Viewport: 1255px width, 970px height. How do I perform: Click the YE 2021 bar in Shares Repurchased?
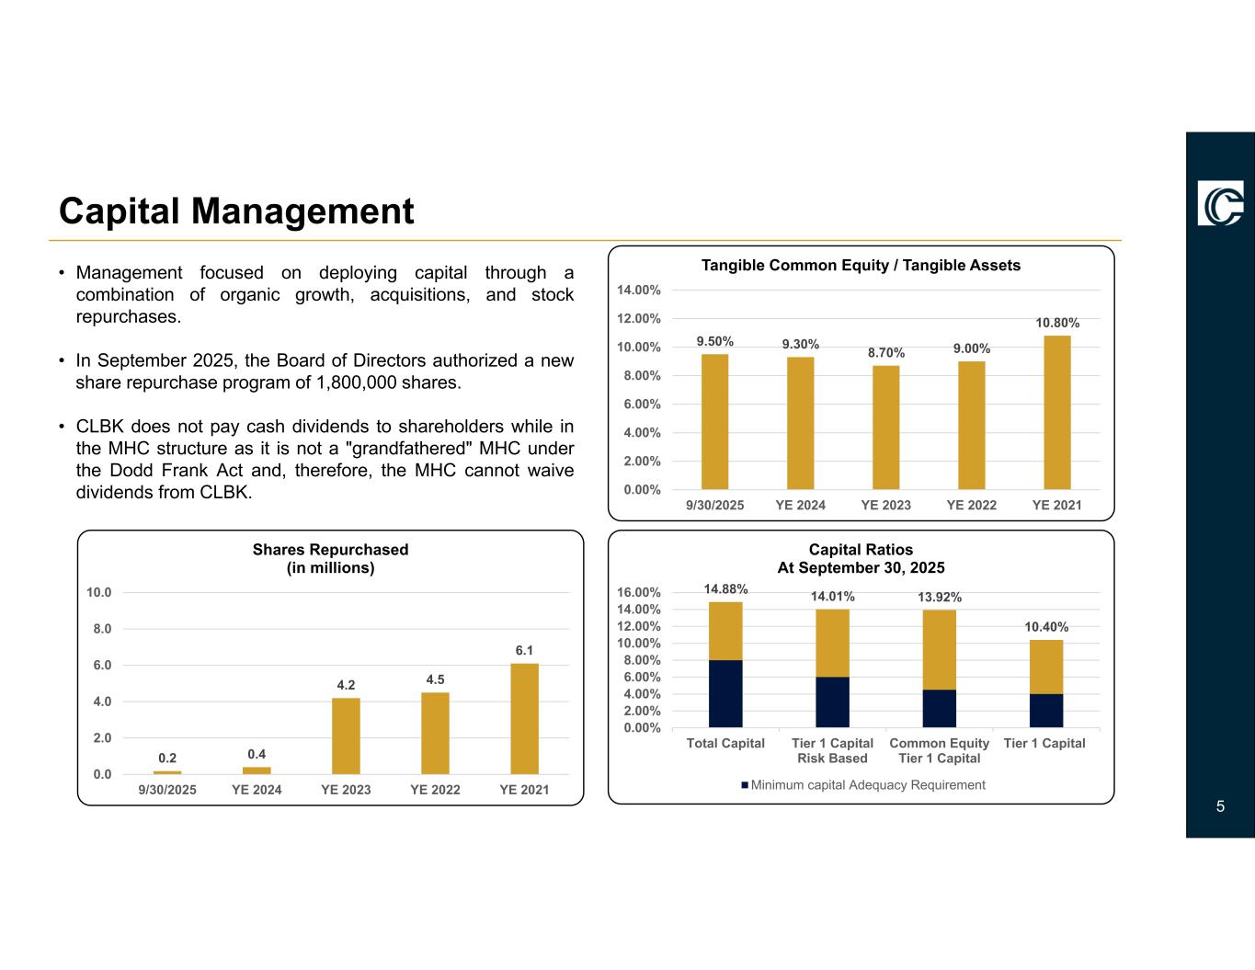tap(524, 718)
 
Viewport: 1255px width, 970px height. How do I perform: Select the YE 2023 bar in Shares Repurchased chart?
tap(346, 736)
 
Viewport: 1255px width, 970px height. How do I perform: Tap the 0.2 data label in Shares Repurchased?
tap(167, 759)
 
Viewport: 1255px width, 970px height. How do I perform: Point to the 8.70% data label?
tap(886, 353)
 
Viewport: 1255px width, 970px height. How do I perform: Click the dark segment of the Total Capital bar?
tap(725, 693)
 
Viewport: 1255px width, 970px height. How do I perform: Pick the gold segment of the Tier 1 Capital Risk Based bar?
tap(832, 643)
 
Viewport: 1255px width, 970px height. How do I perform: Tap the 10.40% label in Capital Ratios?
tap(1046, 627)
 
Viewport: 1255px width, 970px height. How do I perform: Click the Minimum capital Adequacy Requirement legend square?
tap(745, 785)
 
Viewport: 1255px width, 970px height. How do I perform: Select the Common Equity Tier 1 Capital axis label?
tap(939, 750)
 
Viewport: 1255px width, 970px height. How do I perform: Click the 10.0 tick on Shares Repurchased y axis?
tap(99, 592)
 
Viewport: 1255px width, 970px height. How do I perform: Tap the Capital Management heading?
tap(236, 211)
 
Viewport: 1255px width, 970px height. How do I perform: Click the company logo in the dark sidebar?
tap(1220, 203)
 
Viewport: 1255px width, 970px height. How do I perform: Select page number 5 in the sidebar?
tap(1220, 807)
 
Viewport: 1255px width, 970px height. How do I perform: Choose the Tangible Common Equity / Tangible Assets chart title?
tap(861, 266)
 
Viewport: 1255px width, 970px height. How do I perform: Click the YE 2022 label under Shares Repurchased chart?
tap(435, 790)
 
